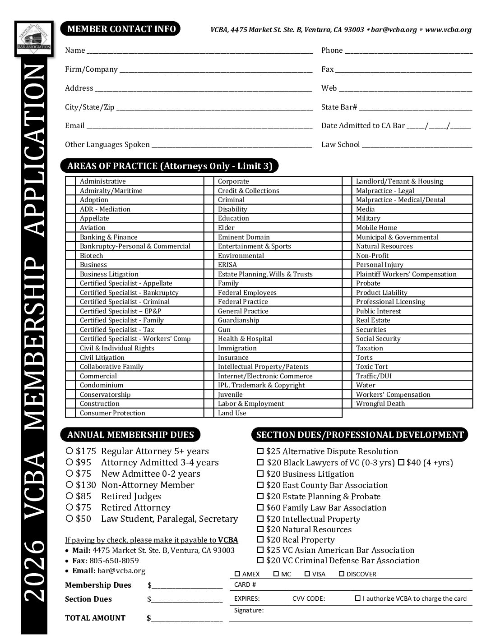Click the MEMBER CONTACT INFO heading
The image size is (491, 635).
(121, 29)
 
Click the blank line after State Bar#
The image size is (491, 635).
(416, 108)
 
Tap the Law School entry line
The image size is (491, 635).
(417, 145)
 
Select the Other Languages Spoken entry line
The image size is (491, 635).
(232, 145)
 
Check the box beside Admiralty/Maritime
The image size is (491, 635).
(70, 191)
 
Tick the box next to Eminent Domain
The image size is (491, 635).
(208, 237)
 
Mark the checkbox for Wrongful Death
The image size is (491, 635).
(347, 404)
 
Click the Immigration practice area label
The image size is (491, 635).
(237, 348)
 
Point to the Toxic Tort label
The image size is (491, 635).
(371, 367)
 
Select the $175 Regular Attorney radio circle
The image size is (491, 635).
(69, 451)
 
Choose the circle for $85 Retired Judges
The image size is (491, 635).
(69, 496)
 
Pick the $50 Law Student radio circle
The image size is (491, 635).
(69, 519)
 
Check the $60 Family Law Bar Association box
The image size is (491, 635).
(260, 508)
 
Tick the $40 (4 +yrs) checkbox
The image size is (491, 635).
(401, 463)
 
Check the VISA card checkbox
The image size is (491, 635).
(307, 574)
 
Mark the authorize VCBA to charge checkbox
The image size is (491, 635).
(357, 598)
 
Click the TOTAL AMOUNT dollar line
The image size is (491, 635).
(187, 618)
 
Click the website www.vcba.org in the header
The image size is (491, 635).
(448, 30)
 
